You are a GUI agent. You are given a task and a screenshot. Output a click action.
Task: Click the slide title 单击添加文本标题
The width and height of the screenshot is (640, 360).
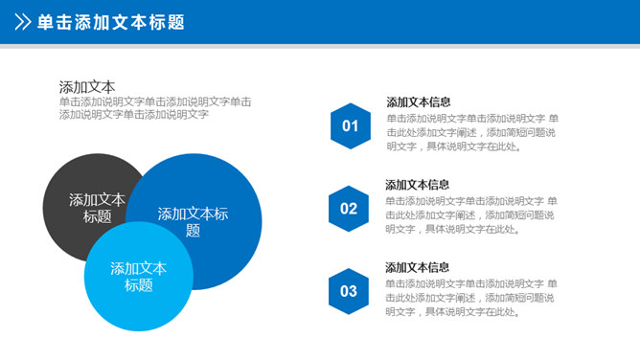[x=110, y=22]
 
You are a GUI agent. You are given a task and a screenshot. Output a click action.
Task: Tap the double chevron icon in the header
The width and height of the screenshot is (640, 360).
[x=21, y=22]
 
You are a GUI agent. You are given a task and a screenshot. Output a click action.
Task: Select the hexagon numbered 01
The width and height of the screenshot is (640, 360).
[x=350, y=125]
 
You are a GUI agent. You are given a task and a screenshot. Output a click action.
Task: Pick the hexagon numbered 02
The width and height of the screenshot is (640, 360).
[x=348, y=209]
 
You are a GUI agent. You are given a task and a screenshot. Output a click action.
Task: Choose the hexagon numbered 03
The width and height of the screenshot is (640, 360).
[x=348, y=291]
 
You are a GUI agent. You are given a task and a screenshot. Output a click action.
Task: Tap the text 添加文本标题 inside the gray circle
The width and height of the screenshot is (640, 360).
[x=97, y=208]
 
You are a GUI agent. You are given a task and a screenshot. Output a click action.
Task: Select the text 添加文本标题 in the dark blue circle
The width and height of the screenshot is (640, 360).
[x=193, y=221]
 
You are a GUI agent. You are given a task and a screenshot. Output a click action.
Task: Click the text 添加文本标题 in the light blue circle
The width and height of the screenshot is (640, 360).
[x=138, y=277]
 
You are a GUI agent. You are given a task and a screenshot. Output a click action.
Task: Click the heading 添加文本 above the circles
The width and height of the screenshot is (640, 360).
[x=86, y=86]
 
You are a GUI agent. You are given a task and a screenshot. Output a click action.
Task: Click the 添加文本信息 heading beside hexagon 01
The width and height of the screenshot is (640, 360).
[x=419, y=101]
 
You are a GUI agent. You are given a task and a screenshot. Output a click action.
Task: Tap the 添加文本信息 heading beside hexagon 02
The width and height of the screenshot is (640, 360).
[x=418, y=185]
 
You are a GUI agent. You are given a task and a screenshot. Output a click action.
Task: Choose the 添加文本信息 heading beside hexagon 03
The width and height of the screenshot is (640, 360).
[x=418, y=267]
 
